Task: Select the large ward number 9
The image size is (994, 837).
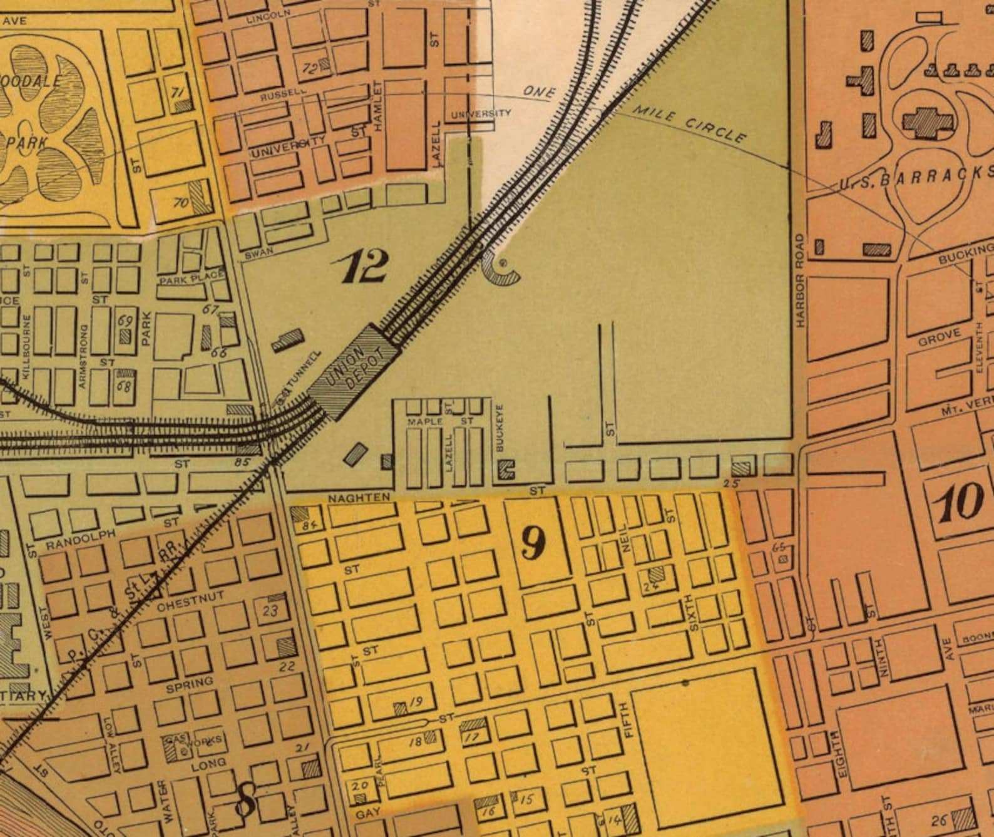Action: tap(533, 543)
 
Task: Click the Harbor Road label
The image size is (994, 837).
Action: tap(801, 280)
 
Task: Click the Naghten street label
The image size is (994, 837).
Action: tap(359, 497)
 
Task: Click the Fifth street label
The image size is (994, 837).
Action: tap(630, 719)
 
